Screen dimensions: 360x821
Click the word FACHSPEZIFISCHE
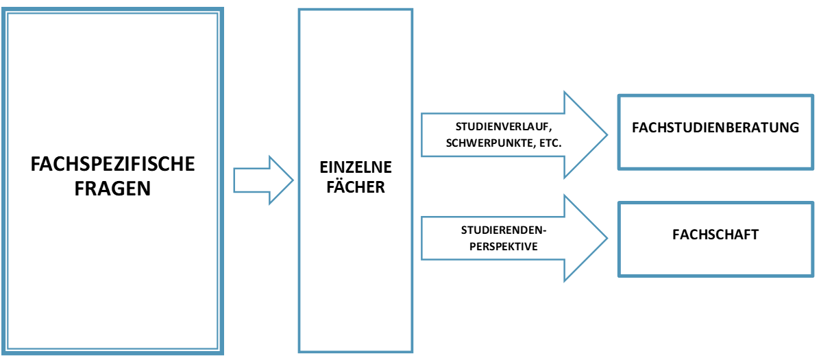pyautogui.click(x=114, y=165)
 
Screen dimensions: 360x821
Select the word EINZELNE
pyautogui.click(x=356, y=167)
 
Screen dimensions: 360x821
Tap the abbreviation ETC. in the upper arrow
pyautogui.click(x=549, y=144)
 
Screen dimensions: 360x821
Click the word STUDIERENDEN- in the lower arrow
pyautogui.click(x=503, y=230)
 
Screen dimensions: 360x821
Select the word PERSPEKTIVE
pyautogui.click(x=503, y=246)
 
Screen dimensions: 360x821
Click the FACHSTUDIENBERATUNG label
pyautogui.click(x=715, y=128)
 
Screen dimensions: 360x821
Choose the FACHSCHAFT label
pyautogui.click(x=715, y=235)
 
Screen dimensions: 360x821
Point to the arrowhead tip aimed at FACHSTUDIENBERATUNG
pyautogui.click(x=606, y=134)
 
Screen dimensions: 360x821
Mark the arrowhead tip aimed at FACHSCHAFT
pyautogui.click(x=606, y=238)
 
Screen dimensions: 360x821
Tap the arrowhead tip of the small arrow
pyautogui.click(x=293, y=180)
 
